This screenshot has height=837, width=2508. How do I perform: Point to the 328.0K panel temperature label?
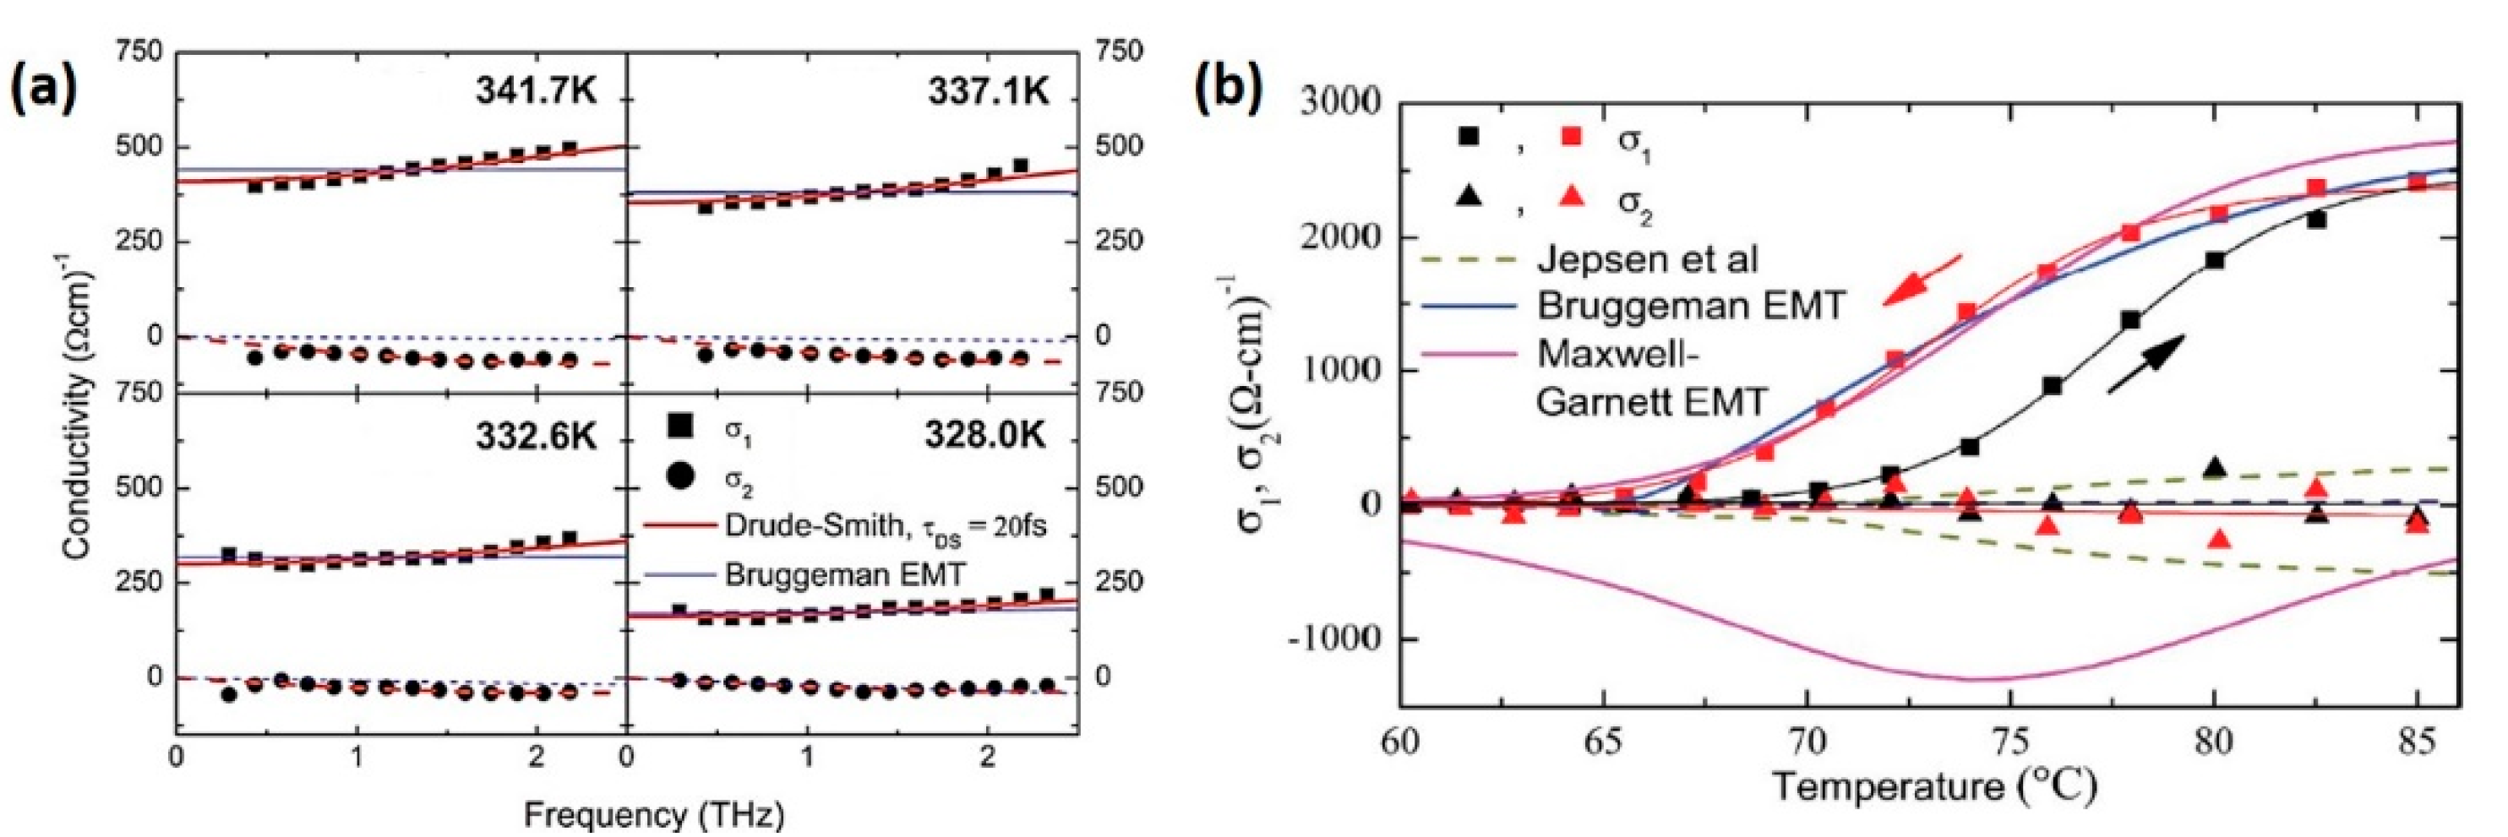pos(985,435)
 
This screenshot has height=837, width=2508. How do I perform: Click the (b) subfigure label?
pos(1229,90)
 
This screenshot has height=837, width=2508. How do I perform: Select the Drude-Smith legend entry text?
pos(884,525)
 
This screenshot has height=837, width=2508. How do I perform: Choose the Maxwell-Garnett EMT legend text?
pos(1651,377)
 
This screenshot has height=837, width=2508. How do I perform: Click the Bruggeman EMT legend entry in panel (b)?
pos(1690,306)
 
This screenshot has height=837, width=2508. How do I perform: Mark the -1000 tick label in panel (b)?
pos(1333,639)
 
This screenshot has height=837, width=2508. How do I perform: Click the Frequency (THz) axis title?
pos(653,814)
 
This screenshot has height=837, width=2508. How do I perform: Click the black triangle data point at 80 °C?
pos(2215,468)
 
